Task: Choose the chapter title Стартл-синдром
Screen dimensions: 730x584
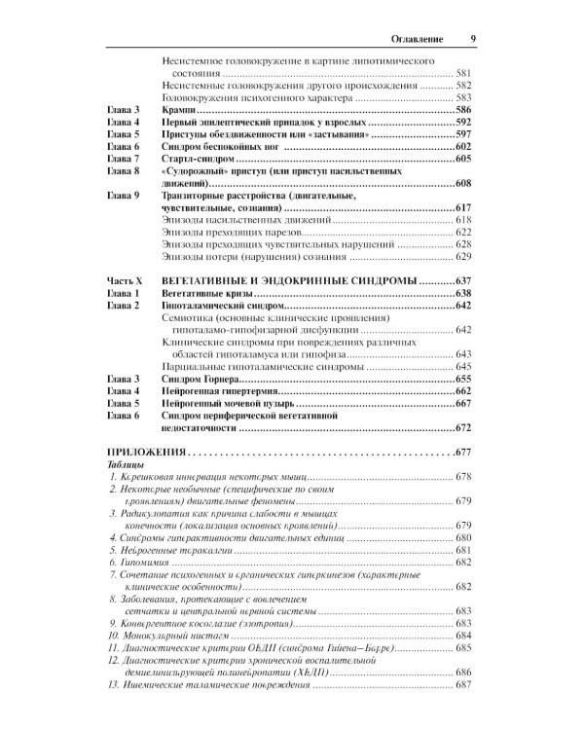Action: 194,159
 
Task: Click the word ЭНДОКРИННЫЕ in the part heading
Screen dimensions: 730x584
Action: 331,280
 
